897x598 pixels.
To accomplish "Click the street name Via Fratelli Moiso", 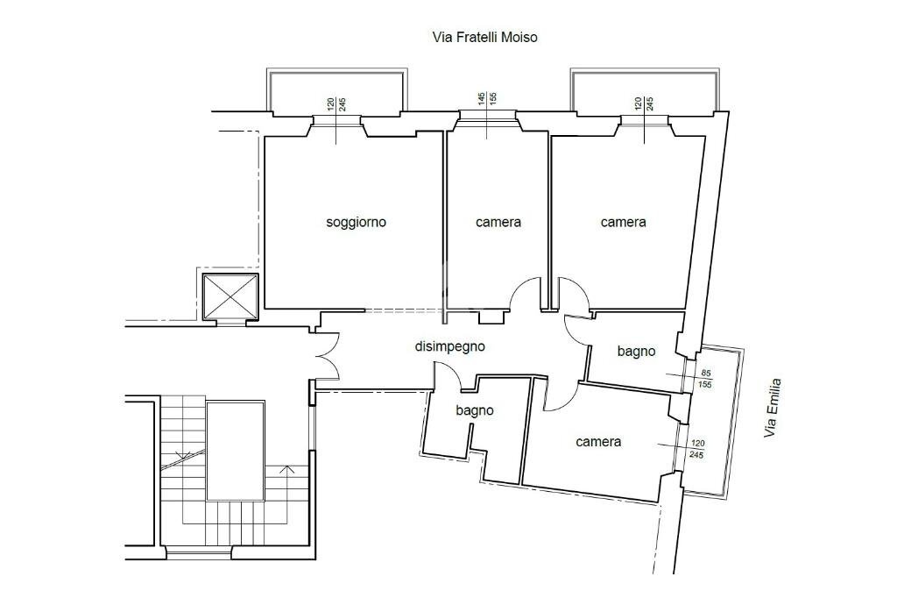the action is click(x=484, y=37).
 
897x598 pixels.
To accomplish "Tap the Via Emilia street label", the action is click(x=773, y=409).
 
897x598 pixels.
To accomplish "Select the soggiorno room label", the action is click(x=356, y=222).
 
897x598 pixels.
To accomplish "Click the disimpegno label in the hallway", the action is click(x=449, y=346).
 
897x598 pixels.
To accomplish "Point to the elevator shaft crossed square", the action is click(x=230, y=296).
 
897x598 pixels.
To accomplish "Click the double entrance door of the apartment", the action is click(x=327, y=356).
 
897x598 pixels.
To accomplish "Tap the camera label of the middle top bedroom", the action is click(x=498, y=222).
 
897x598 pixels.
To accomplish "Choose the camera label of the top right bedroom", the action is click(x=623, y=222).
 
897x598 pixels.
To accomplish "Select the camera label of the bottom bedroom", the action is click(x=598, y=442).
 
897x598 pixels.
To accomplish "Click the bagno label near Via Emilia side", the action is click(x=636, y=351).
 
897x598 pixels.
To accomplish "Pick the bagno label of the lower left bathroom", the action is click(x=475, y=410).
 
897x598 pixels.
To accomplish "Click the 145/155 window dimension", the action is click(x=487, y=98).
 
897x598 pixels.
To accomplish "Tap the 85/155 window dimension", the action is click(x=705, y=379).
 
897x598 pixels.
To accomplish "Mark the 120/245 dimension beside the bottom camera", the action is click(x=696, y=449).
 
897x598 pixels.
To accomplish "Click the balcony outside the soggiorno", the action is click(x=337, y=91).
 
